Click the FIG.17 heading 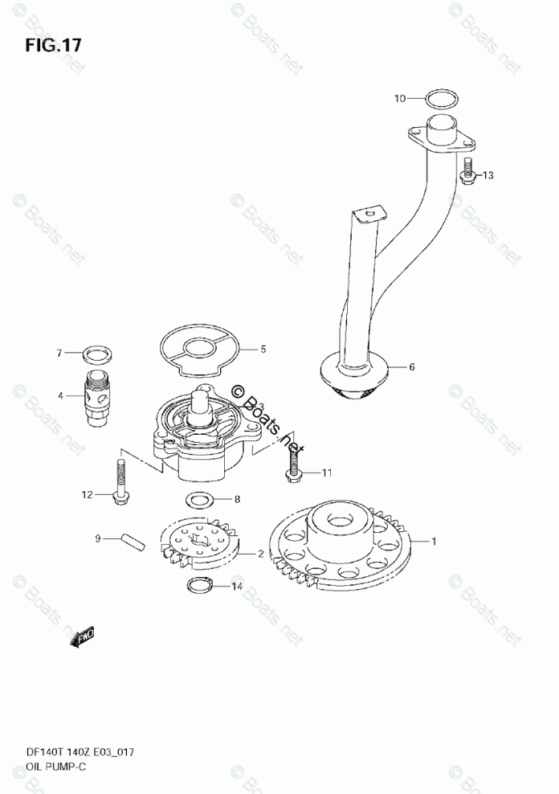tap(52, 44)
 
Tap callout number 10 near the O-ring tap(400, 100)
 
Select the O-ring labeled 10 tap(440, 100)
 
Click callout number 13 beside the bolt tap(488, 175)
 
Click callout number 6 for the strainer tap(411, 367)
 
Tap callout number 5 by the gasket tap(263, 350)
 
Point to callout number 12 tap(87, 494)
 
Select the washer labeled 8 tap(200, 500)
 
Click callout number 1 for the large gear tap(435, 541)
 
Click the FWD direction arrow tap(83, 636)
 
